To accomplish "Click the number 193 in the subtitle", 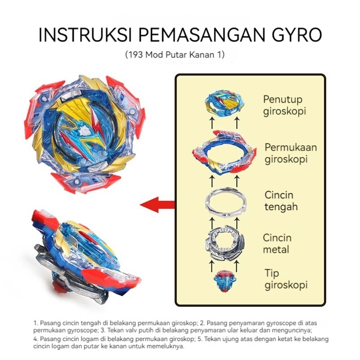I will [x=138, y=55].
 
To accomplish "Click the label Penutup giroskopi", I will [x=283, y=105].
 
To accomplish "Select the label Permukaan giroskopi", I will [x=290, y=153].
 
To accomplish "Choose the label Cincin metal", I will [x=277, y=243].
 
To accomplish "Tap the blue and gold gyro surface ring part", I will [x=224, y=153].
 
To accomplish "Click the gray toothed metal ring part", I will [x=224, y=243].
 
